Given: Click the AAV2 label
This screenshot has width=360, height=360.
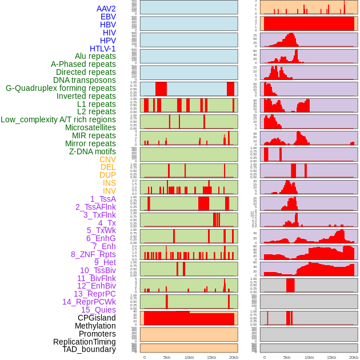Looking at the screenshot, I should click(x=106, y=9).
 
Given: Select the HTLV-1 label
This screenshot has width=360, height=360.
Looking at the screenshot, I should click(x=102, y=49).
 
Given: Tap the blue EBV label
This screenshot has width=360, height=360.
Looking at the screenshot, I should click(x=107, y=17).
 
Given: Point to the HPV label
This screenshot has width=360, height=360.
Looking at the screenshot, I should click(x=107, y=41).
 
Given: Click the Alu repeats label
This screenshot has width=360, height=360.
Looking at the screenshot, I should click(x=95, y=56).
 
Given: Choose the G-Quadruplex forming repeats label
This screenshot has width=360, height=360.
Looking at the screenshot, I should click(x=61, y=88).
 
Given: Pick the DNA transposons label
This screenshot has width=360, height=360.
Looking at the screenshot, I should click(x=84, y=80).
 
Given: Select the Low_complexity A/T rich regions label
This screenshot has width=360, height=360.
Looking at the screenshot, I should click(x=58, y=119).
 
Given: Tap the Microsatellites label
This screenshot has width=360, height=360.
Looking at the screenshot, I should click(x=90, y=127).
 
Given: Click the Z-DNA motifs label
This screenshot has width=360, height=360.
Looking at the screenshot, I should click(x=92, y=151).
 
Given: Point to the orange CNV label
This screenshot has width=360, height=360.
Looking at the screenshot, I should click(x=107, y=159).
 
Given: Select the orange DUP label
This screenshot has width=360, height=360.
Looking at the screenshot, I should click(x=107, y=175).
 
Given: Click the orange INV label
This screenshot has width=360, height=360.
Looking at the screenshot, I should click(x=109, y=191).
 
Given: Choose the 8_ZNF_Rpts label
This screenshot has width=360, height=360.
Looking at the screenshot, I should click(x=93, y=254).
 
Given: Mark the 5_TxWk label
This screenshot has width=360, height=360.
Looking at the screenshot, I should click(x=101, y=230).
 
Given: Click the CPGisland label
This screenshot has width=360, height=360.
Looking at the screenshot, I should click(x=97, y=318).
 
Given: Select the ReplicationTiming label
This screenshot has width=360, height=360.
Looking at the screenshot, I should click(x=84, y=342).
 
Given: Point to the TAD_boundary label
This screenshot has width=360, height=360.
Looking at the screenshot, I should click(x=89, y=349).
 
